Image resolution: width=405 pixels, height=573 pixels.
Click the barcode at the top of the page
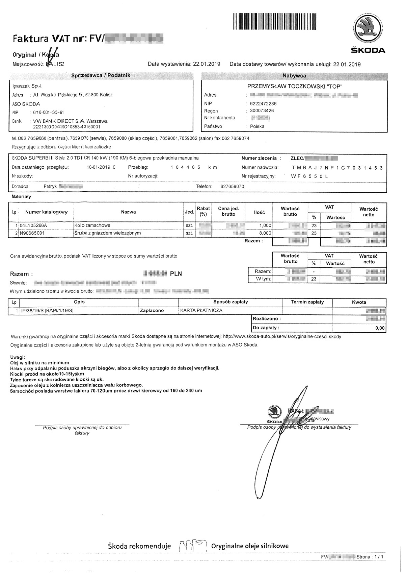pos(275,21)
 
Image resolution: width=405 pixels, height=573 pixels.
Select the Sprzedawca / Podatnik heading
pos(101,75)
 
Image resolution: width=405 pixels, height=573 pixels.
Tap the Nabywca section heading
pos(294,76)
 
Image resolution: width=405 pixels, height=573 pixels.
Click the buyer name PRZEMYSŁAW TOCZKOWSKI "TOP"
pos(295,86)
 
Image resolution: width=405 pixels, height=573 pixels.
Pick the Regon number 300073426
pos(262,111)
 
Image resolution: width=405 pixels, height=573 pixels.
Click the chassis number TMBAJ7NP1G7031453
pos(337,168)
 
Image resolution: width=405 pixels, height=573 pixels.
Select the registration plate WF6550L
pos(310,176)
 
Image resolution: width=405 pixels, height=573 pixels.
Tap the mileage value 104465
pos(185,167)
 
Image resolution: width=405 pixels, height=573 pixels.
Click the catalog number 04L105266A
pos(34,225)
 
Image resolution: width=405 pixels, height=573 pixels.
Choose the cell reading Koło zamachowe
pos(92,225)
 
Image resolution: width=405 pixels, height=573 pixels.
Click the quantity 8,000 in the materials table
pos(265,233)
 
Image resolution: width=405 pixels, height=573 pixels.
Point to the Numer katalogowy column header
pos(46,212)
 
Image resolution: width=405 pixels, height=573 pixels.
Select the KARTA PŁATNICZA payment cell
pos(201,310)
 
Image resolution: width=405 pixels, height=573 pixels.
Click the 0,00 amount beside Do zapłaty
pos(380,328)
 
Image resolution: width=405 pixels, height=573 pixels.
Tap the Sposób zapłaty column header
pos(231,302)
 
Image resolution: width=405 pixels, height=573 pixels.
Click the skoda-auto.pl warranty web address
pos(282,337)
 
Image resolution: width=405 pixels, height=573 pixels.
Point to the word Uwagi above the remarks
pos(17,357)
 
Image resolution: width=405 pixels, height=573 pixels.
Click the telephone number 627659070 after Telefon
pos(232,187)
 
